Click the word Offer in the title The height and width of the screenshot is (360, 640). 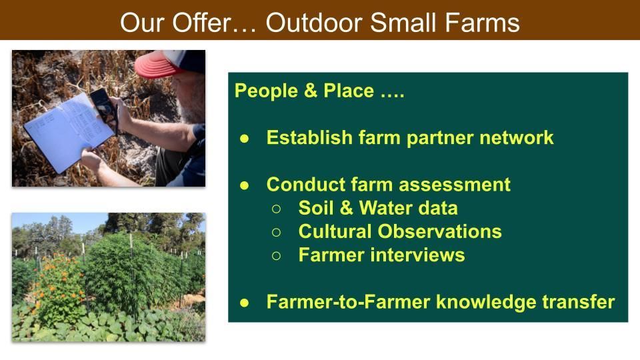[x=201, y=22]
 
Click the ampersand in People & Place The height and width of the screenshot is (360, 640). [x=310, y=91]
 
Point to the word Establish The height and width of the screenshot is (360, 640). [x=309, y=137]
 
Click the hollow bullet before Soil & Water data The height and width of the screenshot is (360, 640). [x=276, y=209]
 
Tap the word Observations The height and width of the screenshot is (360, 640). [x=439, y=231]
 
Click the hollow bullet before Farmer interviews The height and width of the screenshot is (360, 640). [x=276, y=256]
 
